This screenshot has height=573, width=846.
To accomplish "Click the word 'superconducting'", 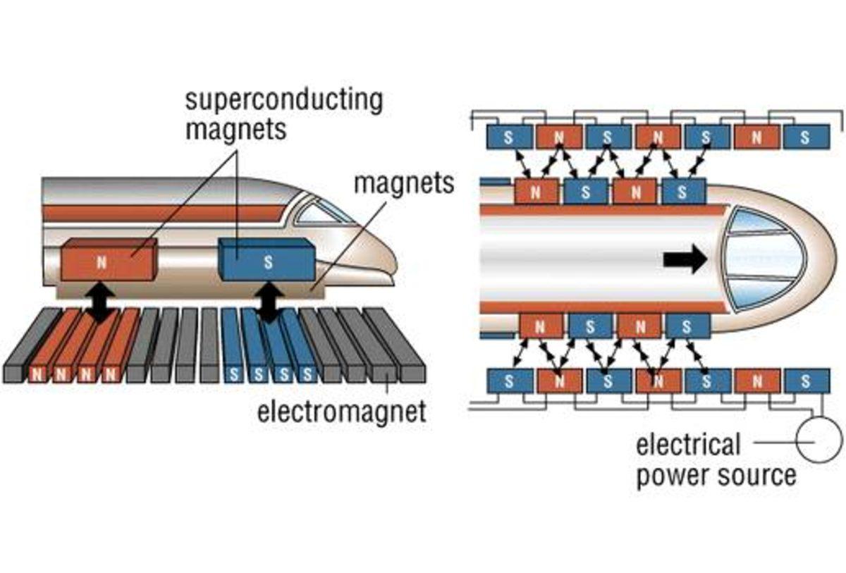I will [x=284, y=100].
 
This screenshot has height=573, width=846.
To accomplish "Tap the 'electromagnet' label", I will [x=342, y=410].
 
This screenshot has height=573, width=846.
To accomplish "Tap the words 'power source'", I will [x=716, y=476].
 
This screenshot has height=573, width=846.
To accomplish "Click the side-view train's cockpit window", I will [x=321, y=211].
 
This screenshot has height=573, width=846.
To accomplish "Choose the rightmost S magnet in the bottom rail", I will [x=805, y=381].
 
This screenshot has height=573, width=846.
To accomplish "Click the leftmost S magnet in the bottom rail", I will [x=509, y=381].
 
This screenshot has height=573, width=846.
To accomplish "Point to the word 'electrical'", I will [x=688, y=445].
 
